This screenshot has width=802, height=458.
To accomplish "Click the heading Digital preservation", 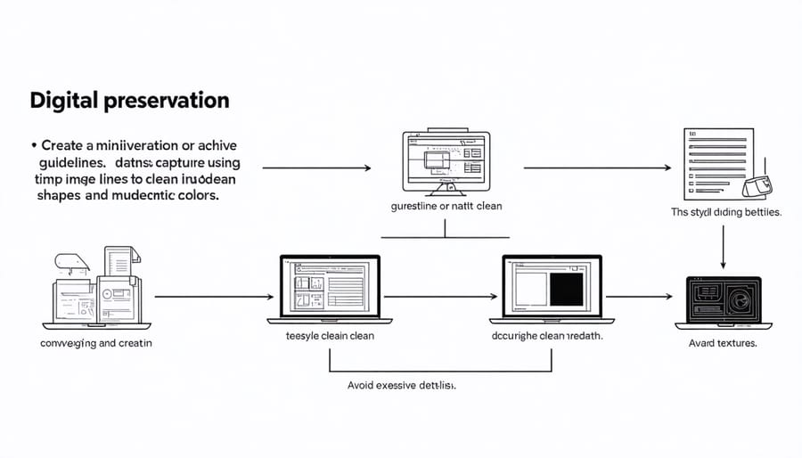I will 129,100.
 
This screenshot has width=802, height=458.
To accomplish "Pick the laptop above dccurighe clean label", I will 546,290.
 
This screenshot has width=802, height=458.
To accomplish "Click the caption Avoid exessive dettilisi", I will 401,386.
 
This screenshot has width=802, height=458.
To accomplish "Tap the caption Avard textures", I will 723,343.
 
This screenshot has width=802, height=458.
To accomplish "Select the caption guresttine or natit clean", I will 446,206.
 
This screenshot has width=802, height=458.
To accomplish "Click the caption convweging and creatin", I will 96,343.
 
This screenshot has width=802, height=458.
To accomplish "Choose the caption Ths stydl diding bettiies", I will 725,212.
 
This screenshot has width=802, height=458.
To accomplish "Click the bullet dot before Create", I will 33,144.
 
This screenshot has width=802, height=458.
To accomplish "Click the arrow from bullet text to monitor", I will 316,167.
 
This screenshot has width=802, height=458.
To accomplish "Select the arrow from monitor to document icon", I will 597,167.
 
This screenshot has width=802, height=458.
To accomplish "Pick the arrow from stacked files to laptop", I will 209,297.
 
